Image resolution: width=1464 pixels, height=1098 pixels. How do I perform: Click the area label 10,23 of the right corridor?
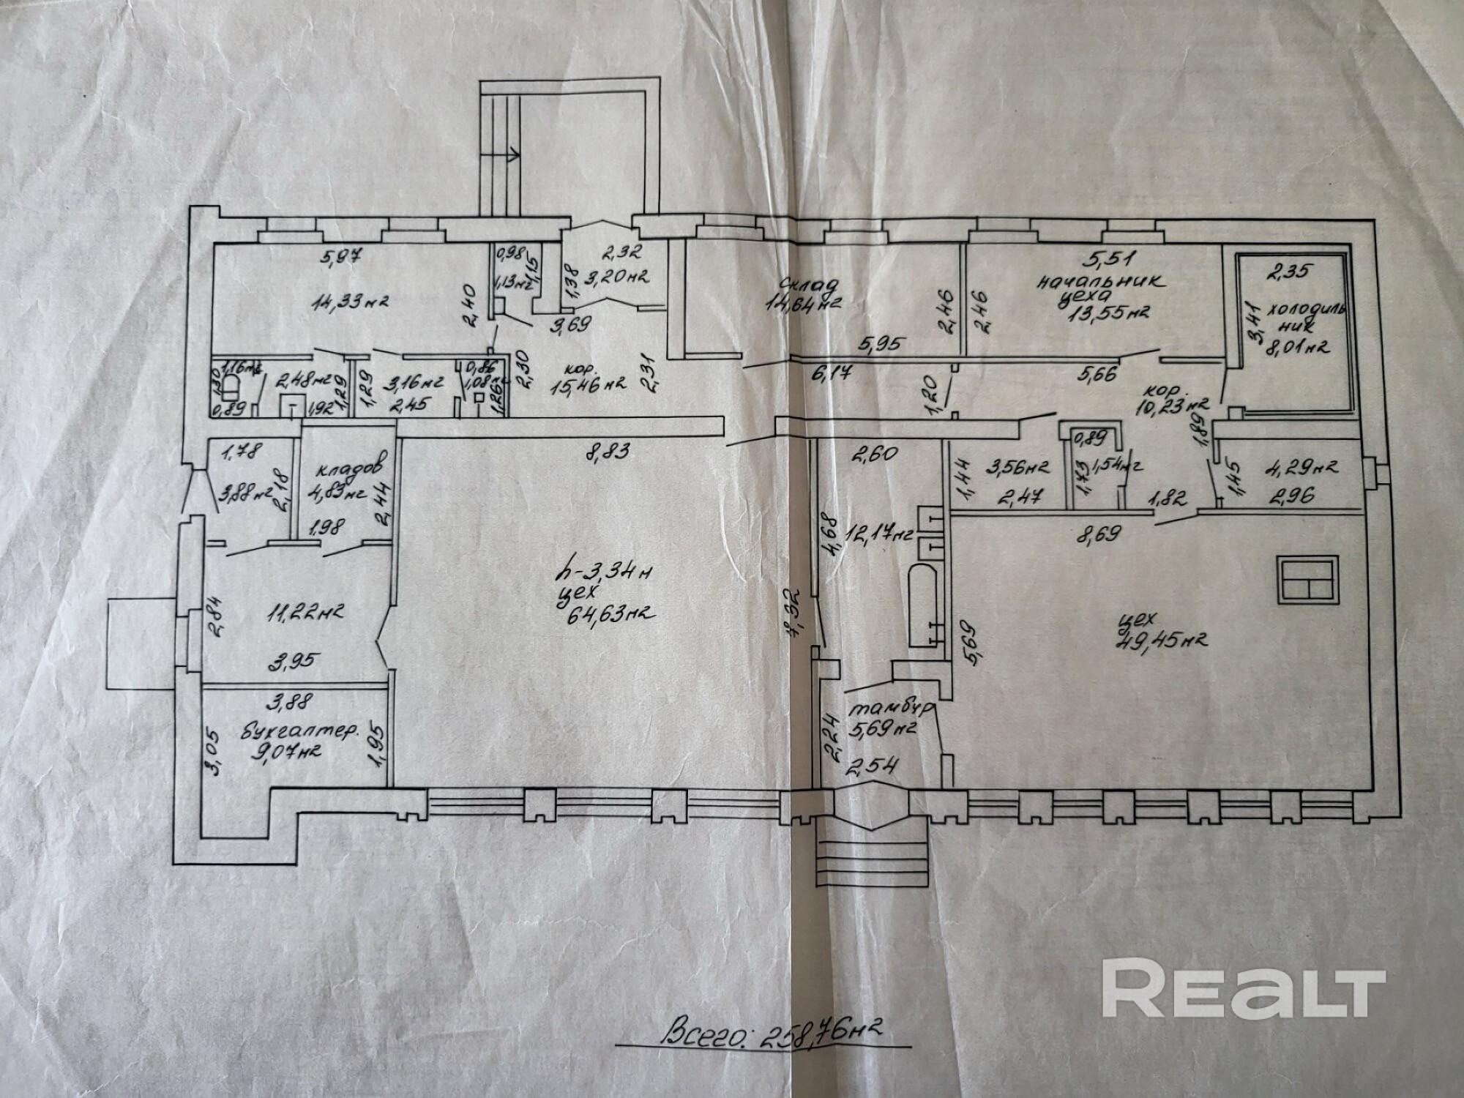[1178, 403]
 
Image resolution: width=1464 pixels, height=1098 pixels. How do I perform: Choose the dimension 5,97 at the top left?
[343, 257]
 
